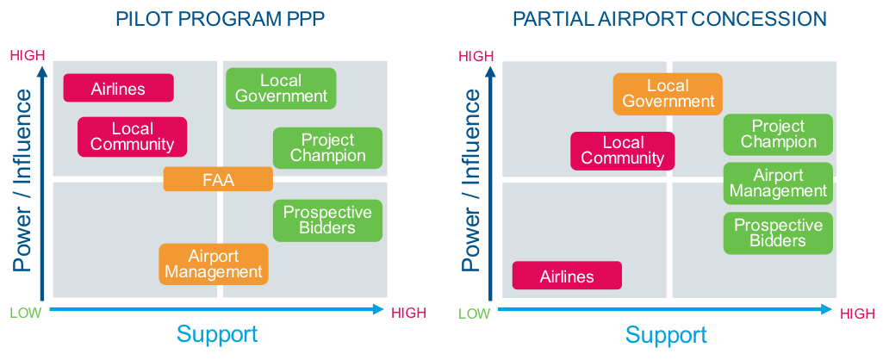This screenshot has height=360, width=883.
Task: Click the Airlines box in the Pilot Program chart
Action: click(119, 88)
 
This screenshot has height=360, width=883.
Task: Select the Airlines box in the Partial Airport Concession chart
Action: click(567, 276)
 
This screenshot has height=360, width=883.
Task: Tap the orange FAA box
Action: click(218, 179)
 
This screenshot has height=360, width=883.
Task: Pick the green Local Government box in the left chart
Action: click(281, 89)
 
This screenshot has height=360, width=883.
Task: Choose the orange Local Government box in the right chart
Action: click(668, 94)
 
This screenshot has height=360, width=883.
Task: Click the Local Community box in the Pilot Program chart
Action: click(132, 137)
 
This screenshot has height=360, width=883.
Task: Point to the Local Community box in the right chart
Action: click(622, 151)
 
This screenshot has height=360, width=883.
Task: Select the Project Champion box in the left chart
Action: click(327, 148)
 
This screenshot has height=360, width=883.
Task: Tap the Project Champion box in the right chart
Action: click(778, 134)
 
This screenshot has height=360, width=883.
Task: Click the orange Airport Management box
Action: click(214, 264)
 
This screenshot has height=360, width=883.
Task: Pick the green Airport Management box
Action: click(778, 183)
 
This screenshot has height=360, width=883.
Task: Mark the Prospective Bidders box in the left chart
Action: click(327, 220)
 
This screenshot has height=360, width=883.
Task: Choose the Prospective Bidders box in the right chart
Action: click(778, 233)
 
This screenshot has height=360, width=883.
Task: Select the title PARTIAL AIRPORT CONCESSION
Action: click(669, 19)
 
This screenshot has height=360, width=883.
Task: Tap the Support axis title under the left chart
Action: click(217, 334)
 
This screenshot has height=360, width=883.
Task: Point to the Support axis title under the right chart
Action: click(667, 334)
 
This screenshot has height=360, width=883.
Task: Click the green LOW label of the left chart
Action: click(25, 313)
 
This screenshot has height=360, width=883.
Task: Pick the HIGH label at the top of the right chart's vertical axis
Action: click(476, 57)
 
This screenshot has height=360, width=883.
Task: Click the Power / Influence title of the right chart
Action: click(471, 181)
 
